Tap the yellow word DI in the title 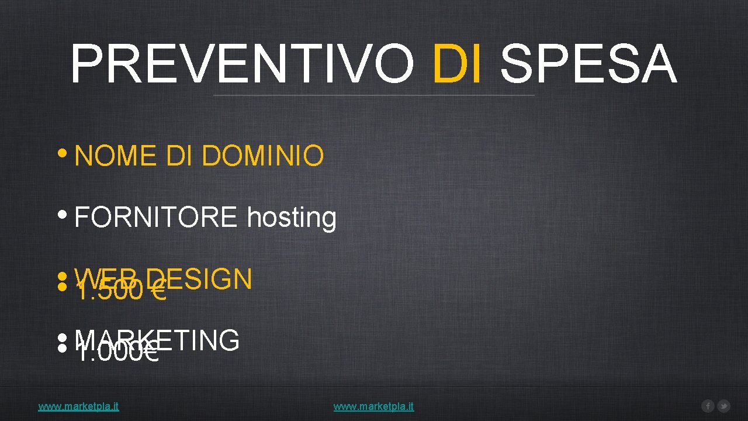[x=458, y=64]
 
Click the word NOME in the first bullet [x=115, y=156]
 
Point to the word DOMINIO [x=262, y=156]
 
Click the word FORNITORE [x=156, y=218]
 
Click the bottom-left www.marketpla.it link [x=78, y=406]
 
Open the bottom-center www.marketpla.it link [x=373, y=406]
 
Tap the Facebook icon [x=708, y=406]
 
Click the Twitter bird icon [x=723, y=406]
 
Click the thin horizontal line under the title [x=374, y=95]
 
